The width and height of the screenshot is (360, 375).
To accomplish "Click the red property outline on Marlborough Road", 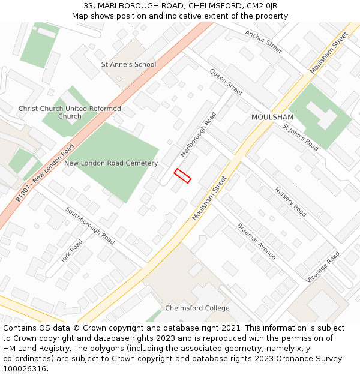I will (182, 176).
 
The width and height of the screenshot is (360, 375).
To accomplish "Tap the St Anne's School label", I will (128, 64).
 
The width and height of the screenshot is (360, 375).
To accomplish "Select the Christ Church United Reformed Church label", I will (70, 112).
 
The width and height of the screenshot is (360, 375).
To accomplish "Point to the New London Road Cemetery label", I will (111, 163).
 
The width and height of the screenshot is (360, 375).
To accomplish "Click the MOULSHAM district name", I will (272, 117).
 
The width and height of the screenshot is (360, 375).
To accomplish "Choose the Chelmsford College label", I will (197, 308).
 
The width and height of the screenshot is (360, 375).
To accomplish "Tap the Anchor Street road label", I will (263, 42).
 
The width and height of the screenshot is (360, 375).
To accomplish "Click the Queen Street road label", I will (226, 82).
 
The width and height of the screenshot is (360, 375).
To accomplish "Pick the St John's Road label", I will (301, 137).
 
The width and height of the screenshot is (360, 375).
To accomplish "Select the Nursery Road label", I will (290, 202).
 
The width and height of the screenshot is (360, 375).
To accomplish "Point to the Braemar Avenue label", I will (256, 241).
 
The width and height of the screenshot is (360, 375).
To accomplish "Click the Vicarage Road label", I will (323, 267).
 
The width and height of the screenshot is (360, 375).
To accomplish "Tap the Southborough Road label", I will (90, 225).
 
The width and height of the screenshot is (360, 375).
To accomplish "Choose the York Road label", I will (71, 251).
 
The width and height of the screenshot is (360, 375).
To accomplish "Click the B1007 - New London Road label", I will (45, 172).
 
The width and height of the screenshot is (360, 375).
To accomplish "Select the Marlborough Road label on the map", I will (198, 134).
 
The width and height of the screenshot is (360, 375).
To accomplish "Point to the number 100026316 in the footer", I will (25, 369).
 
